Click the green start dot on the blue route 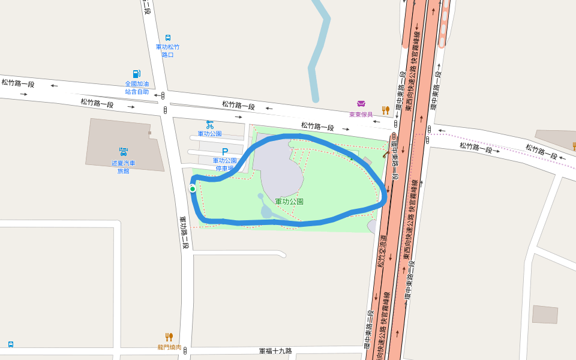pyautogui.click(x=193, y=189)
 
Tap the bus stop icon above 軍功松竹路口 pyautogui.click(x=167, y=37)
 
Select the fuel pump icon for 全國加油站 pyautogui.click(x=137, y=74)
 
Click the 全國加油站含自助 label pyautogui.click(x=137, y=88)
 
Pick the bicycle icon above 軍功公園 pyautogui.click(x=209, y=125)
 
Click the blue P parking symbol pyautogui.click(x=225, y=152)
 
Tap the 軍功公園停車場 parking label pyautogui.click(x=224, y=164)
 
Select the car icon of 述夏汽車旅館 pyautogui.click(x=123, y=152)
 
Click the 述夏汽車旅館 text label pyautogui.click(x=123, y=167)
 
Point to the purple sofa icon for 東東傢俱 pyautogui.click(x=361, y=104)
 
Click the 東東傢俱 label pyautogui.click(x=361, y=114)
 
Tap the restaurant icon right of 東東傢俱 pyautogui.click(x=386, y=110)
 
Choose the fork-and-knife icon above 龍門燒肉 pyautogui.click(x=169, y=337)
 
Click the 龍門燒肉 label pyautogui.click(x=169, y=347)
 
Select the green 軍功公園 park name pyautogui.click(x=289, y=202)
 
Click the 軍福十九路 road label pyautogui.click(x=275, y=350)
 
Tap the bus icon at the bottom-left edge pyautogui.click(x=11, y=344)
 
